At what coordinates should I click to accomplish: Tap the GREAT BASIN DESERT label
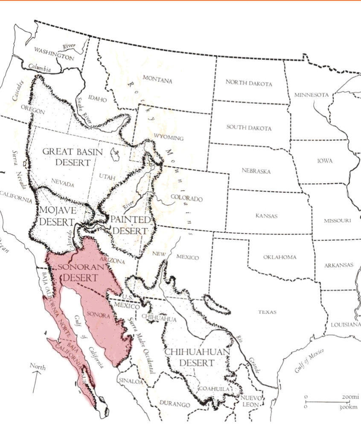[x=73, y=157]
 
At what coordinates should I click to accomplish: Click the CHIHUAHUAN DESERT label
[x=197, y=357]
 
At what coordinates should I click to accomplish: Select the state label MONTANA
[x=157, y=79]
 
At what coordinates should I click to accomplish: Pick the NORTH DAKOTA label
[x=249, y=83]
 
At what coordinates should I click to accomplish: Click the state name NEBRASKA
[x=256, y=171]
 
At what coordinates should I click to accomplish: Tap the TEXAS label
[x=267, y=312]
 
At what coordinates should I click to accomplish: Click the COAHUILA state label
[x=217, y=389]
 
